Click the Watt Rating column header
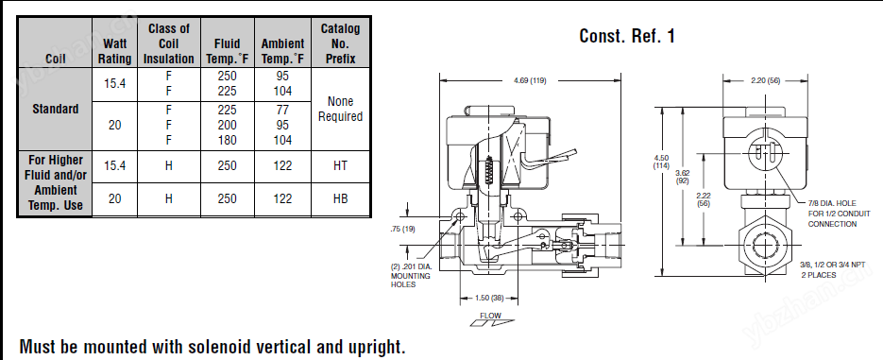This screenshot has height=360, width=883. [x=114, y=51]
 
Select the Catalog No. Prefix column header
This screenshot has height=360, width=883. [x=340, y=43]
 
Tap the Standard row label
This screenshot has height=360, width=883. [x=55, y=109]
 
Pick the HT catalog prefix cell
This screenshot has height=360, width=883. [x=340, y=165]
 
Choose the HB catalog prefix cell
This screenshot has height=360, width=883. [x=340, y=198]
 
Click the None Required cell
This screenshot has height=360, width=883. [x=340, y=109]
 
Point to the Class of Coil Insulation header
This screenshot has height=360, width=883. [x=168, y=43]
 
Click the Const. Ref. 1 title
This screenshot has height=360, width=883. [x=627, y=36]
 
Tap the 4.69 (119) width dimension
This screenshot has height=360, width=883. [x=530, y=80]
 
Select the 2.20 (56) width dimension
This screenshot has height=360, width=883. [x=765, y=80]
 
